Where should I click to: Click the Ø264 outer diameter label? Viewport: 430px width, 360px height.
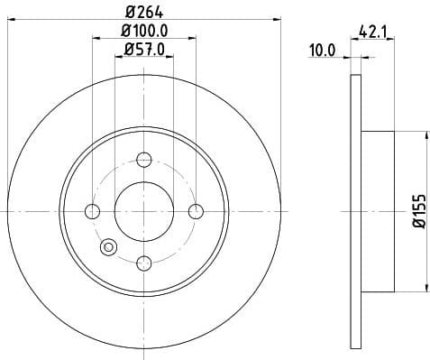pos(144,12)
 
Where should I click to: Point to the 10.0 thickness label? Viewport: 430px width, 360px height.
pos(322,51)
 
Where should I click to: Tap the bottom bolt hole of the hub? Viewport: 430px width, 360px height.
pos(144,263)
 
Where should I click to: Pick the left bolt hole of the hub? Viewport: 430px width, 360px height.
pos(92,211)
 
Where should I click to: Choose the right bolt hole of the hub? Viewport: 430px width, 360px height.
pos(196,211)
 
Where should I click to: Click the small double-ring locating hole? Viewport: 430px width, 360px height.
pos(110,245)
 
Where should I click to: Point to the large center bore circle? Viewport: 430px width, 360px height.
pos(144,211)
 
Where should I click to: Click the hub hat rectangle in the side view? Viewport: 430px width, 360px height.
pos(378,211)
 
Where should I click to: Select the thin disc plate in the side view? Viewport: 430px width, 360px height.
pos(355,211)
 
